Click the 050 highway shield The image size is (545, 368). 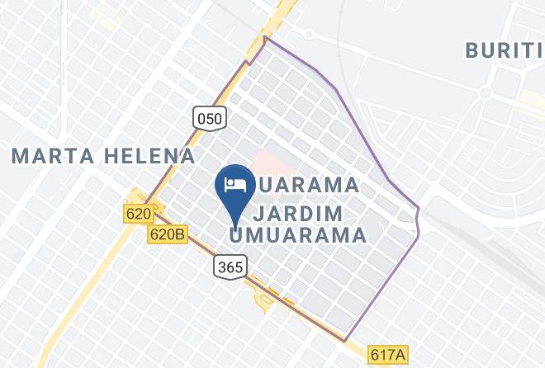coord(210,118)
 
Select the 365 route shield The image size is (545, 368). coord(228,267)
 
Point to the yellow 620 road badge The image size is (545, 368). coord(140,214)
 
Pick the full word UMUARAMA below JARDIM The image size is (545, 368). coord(297,235)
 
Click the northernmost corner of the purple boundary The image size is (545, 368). coord(264,37)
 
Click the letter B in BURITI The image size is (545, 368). coord(473,50)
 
